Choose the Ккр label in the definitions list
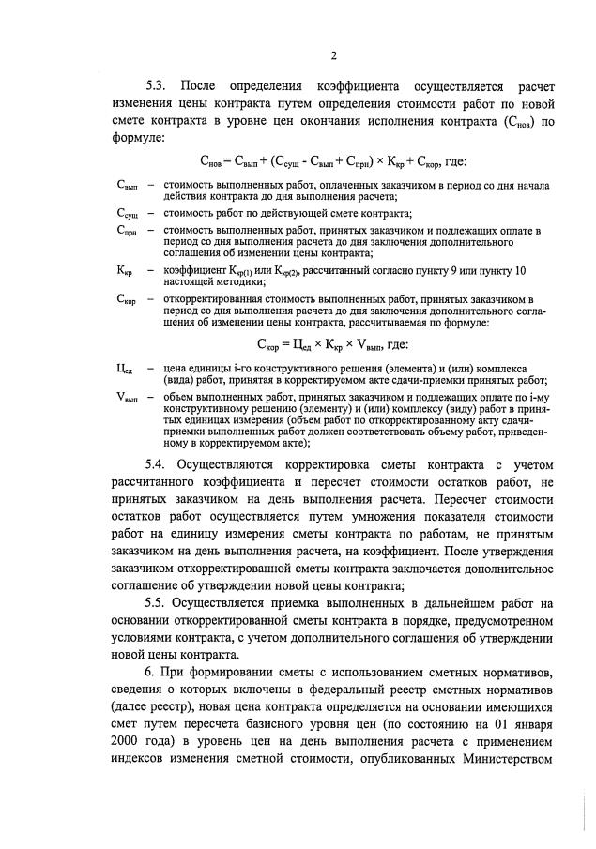[125, 270]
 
